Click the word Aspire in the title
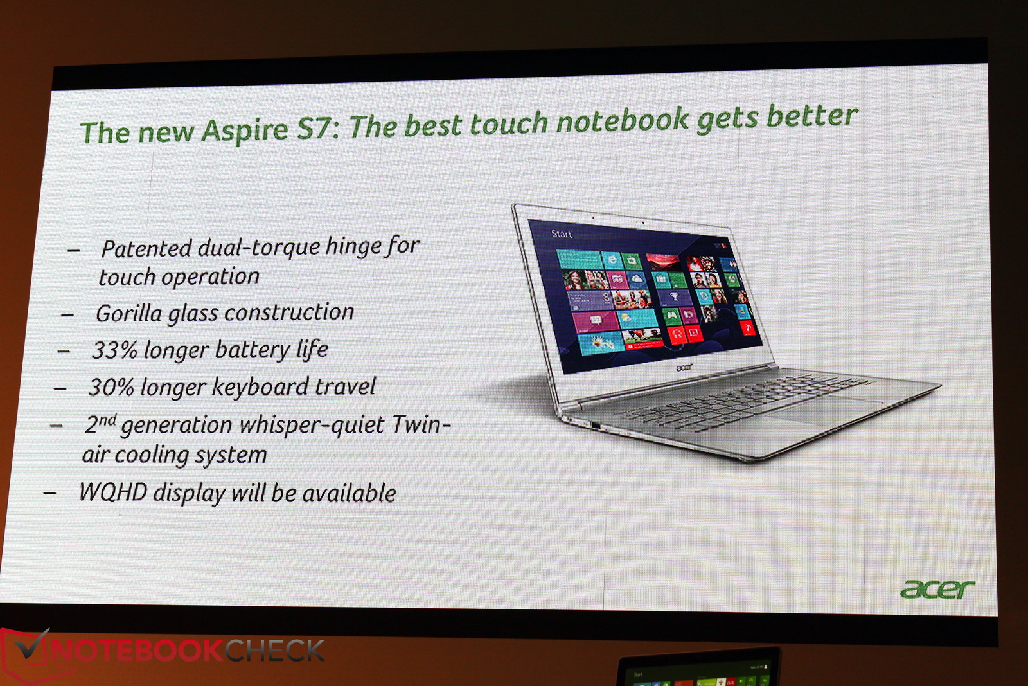[x=245, y=130]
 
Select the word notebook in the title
[x=623, y=121]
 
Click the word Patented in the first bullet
[x=146, y=248]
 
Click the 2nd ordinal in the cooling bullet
[x=100, y=423]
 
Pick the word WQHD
[x=113, y=492]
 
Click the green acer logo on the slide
[x=937, y=589]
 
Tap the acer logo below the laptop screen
[x=684, y=367]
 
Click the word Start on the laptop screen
[x=562, y=234]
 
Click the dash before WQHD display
[x=49, y=493]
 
